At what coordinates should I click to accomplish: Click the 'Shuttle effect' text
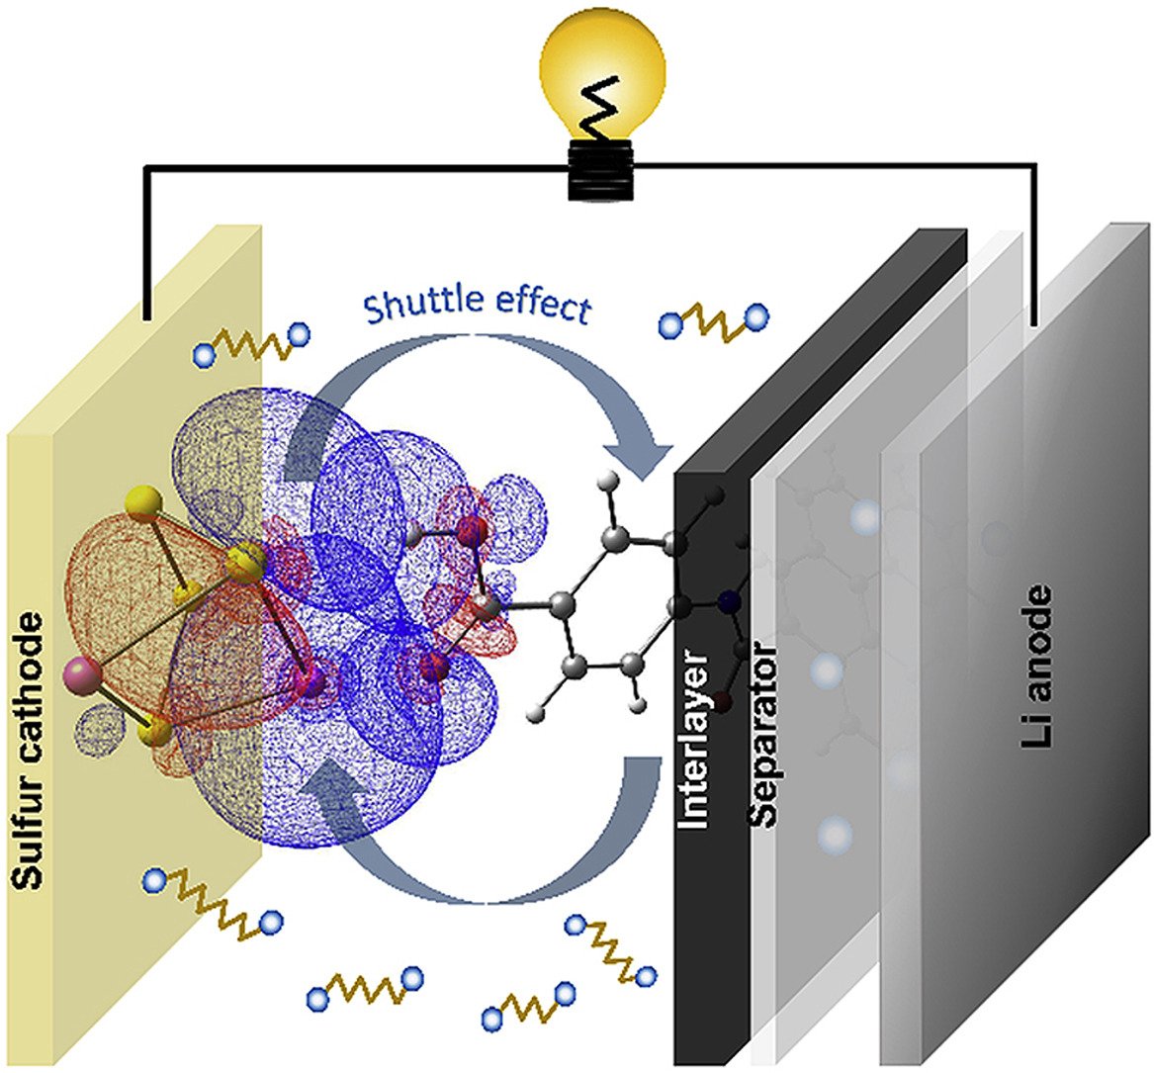(x=477, y=308)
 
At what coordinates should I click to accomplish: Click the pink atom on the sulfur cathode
(x=78, y=676)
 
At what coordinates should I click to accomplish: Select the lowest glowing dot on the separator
(x=837, y=836)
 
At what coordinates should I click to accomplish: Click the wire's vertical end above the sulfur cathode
(x=147, y=287)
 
